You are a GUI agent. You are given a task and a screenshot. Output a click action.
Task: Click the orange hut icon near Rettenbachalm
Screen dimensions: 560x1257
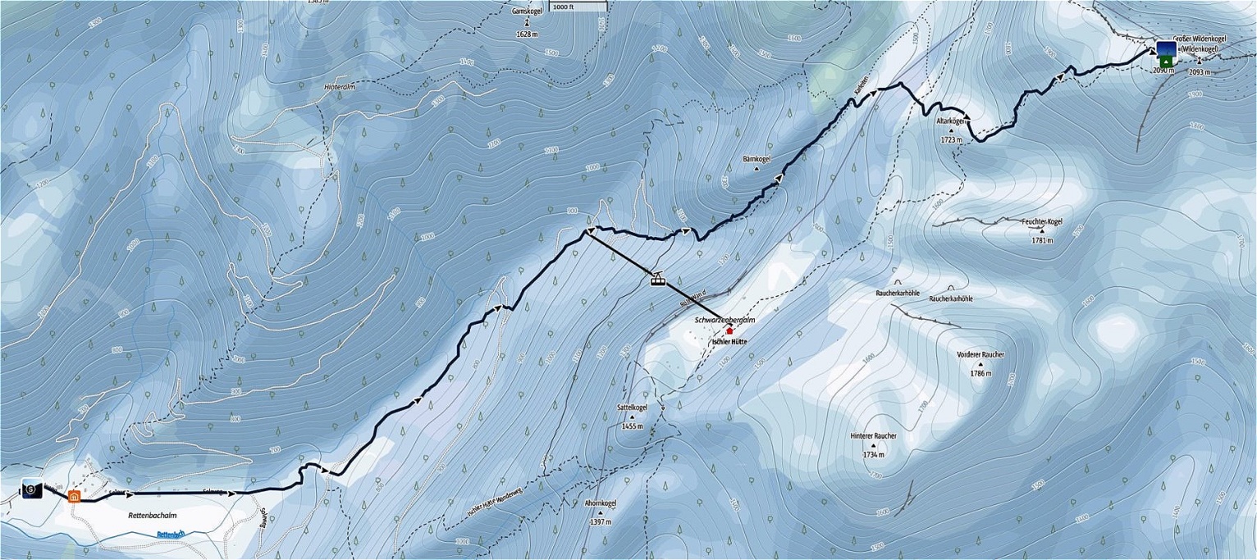(x=74, y=496)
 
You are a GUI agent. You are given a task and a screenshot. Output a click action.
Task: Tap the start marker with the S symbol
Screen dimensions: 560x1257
(x=31, y=489)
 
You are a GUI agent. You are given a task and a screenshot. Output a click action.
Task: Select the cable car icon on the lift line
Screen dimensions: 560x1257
(x=657, y=279)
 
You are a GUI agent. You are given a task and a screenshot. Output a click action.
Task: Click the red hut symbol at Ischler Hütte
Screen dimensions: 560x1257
(x=729, y=330)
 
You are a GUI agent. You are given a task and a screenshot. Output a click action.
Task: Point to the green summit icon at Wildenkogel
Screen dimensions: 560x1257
(x=1165, y=61)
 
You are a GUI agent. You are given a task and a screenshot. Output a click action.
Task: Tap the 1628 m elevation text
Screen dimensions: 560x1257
(x=527, y=34)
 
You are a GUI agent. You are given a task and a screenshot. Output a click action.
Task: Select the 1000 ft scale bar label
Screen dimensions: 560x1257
(x=565, y=7)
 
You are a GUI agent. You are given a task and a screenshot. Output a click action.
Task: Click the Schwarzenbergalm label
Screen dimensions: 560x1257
(x=724, y=321)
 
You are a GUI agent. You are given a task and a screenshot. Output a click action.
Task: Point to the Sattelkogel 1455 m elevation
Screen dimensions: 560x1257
(x=633, y=426)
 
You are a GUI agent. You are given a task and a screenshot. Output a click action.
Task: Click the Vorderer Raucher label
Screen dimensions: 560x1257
(x=980, y=354)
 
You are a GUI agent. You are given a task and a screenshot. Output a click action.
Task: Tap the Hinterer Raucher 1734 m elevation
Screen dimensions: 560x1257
(x=874, y=454)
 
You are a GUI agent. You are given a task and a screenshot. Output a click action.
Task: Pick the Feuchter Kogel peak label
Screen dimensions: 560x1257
(x=1042, y=221)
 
